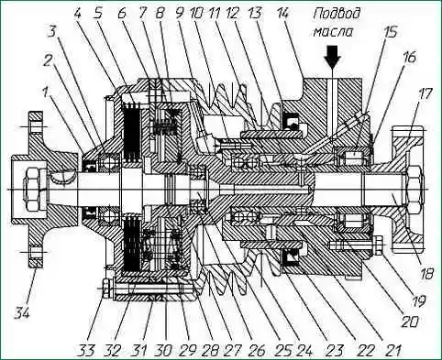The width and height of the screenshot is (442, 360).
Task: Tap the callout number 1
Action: pyautogui.click(x=46, y=93)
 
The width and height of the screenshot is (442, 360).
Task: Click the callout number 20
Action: pyautogui.click(x=409, y=322)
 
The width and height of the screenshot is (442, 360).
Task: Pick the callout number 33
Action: pyautogui.click(x=86, y=350)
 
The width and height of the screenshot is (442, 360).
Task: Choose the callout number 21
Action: pyautogui.click(x=392, y=350)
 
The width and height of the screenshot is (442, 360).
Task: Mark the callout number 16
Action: pyautogui.click(x=409, y=58)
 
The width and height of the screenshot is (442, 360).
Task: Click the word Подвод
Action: pyautogui.click(x=337, y=15)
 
